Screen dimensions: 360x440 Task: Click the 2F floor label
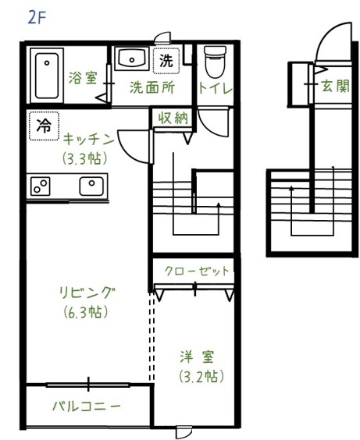[37, 18]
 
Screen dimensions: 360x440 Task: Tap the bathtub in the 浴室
[47, 76]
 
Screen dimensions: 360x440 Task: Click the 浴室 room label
[83, 78]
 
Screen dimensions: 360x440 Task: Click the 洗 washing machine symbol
[166, 61]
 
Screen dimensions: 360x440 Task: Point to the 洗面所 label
[152, 88]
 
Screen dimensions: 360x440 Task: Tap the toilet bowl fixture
[215, 62]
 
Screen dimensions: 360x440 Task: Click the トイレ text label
[216, 88]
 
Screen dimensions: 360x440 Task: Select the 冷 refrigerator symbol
[44, 126]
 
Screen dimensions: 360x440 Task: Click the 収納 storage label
[173, 118]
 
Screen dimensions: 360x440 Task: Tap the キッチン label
[88, 139]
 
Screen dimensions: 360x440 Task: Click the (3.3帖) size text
[85, 158]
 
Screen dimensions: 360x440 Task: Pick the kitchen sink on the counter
[91, 186]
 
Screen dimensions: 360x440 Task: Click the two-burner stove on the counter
[40, 186]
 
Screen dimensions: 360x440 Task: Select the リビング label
[87, 293]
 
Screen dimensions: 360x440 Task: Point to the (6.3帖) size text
[86, 312]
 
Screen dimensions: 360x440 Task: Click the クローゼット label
[197, 271]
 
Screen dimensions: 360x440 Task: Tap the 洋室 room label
[197, 357]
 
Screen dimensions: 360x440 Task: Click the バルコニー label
[87, 406]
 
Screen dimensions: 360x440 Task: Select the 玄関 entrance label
[336, 86]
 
